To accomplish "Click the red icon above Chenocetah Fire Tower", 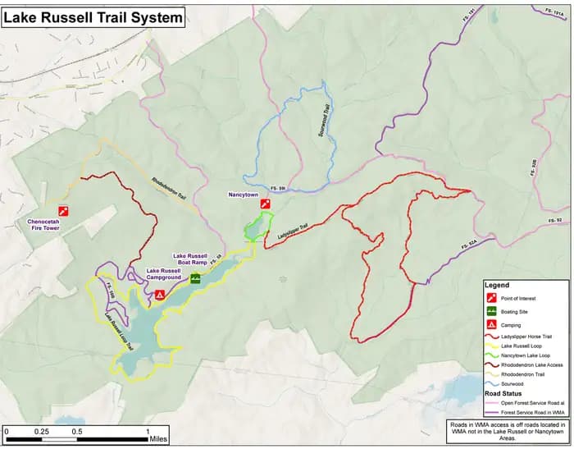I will [x=63, y=210].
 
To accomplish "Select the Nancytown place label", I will [x=244, y=195].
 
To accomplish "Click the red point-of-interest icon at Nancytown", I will [x=265, y=204].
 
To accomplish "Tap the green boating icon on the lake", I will [x=196, y=279].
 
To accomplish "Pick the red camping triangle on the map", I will [x=160, y=294].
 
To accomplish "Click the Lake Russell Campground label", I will [x=169, y=274].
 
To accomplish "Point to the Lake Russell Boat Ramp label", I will [x=185, y=259].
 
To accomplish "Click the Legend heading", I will [x=498, y=286].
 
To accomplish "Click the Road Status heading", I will [x=504, y=394].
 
